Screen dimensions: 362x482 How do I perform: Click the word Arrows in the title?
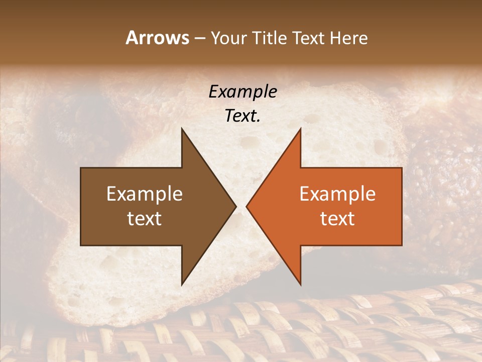click(x=157, y=38)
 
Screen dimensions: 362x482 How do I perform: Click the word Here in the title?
click(x=348, y=38)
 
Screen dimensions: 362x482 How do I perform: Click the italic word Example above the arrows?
click(x=243, y=92)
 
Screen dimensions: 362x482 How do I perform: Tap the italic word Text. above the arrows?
click(x=243, y=116)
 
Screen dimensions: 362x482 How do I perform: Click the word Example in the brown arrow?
click(x=145, y=194)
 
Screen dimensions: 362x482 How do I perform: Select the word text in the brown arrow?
click(x=145, y=219)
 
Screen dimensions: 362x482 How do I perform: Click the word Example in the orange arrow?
click(x=337, y=194)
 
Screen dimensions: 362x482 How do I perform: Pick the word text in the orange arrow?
click(x=337, y=219)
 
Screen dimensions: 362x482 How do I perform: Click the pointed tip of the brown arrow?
click(x=236, y=207)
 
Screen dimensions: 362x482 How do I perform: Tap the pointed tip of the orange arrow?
click(x=247, y=207)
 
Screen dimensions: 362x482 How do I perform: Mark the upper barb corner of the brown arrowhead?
click(x=182, y=129)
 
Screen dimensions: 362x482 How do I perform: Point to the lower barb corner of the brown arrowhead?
click(x=182, y=285)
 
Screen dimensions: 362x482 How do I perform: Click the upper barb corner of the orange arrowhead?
click(x=300, y=129)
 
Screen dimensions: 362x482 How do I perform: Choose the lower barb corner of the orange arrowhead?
click(x=300, y=285)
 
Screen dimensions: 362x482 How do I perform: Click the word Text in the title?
click(x=308, y=38)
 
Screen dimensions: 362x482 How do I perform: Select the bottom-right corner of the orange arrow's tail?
click(x=402, y=245)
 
